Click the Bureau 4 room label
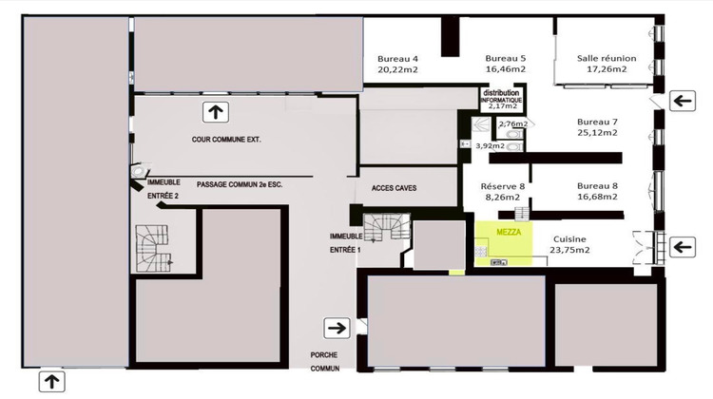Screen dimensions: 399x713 coord(397,57)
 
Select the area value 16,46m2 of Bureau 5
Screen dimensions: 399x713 coord(505,69)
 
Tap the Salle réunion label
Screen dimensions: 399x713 coord(607,57)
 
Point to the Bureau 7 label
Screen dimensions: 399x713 coord(598,122)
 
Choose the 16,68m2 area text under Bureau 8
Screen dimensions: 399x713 coord(597,198)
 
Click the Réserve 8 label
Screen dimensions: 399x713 coord(503,186)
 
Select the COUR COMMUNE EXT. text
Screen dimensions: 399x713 coord(226,140)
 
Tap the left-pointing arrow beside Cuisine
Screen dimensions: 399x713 coord(682,247)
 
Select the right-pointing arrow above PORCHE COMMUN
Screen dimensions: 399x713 coord(337,328)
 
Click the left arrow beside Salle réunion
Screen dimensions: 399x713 coord(682,99)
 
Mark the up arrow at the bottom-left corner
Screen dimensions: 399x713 coord(51,382)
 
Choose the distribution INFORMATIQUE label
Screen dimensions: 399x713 coord(500,96)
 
